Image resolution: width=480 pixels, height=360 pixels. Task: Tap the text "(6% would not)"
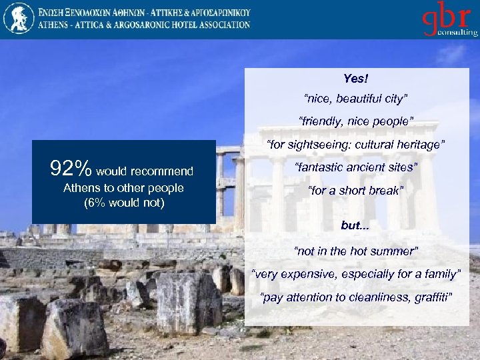click(x=123, y=203)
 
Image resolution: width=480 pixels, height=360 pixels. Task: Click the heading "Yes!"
click(x=355, y=79)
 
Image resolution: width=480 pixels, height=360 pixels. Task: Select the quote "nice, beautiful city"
click(x=355, y=99)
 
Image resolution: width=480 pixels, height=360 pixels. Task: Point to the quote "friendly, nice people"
click(x=355, y=121)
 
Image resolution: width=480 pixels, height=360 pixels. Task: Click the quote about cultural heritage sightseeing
click(x=355, y=145)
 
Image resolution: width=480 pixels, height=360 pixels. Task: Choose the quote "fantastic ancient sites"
click(x=355, y=167)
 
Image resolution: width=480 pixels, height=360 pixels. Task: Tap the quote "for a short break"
click(x=355, y=191)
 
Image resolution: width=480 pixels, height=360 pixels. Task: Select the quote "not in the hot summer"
click(x=355, y=251)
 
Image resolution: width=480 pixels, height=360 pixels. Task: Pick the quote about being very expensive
click(x=355, y=274)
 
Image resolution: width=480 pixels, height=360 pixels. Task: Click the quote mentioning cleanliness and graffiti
click(x=355, y=297)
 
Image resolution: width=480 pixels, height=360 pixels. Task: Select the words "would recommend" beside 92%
click(x=145, y=172)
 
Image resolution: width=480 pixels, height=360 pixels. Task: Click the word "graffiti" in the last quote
click(x=433, y=297)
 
